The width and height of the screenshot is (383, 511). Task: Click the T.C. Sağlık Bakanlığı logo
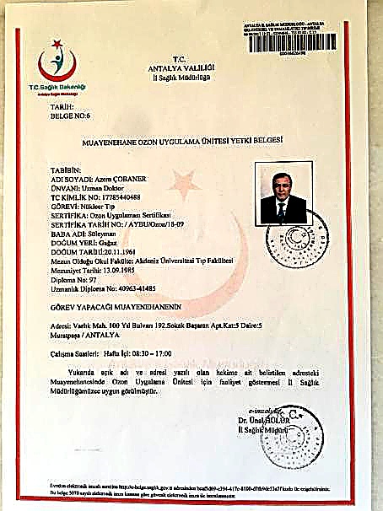click(x=54, y=69)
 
